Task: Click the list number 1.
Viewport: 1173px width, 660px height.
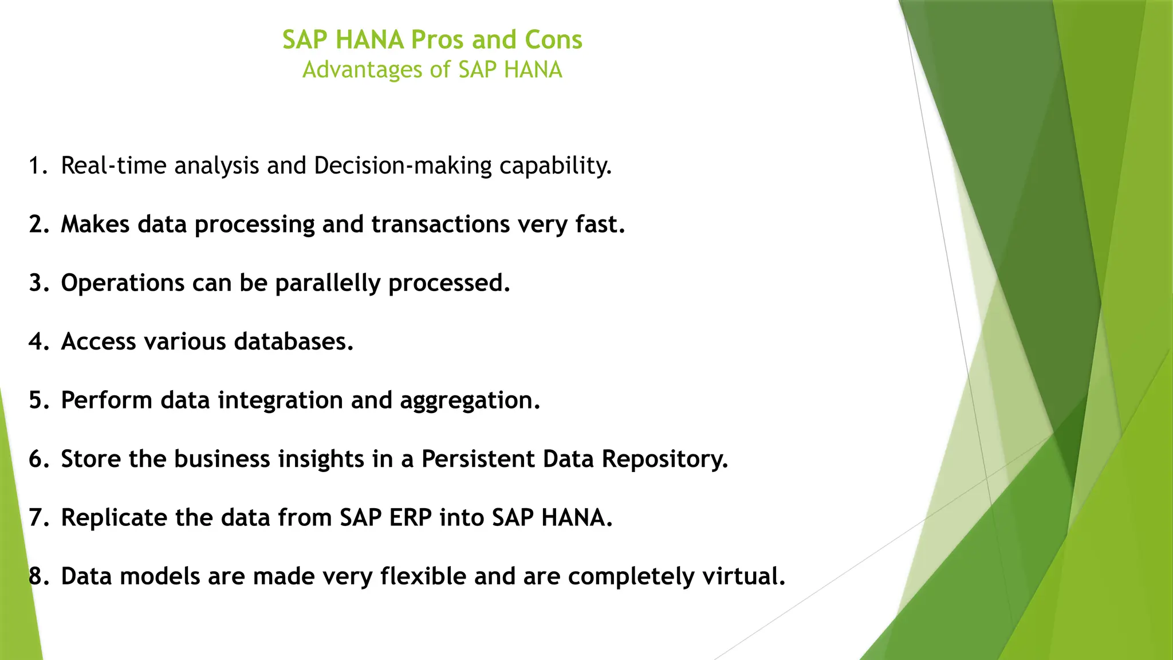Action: click(38, 166)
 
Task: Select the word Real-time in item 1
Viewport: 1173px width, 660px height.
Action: click(113, 166)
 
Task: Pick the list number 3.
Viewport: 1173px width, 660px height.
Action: click(38, 283)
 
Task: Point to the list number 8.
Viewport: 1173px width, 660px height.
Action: click(38, 576)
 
